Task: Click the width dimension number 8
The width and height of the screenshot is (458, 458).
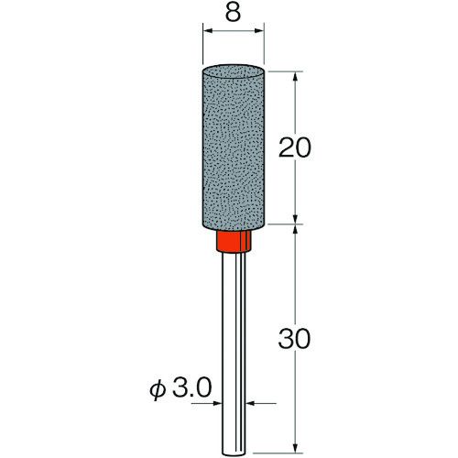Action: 233,13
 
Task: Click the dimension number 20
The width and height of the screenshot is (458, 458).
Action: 295,147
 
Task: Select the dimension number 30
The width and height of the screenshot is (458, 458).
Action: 294,339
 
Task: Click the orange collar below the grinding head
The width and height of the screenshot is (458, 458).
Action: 234,241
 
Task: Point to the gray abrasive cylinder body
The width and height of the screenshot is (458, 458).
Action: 234,147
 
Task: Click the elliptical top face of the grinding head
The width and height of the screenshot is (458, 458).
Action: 234,71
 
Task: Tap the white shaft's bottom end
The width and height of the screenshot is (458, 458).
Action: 234,454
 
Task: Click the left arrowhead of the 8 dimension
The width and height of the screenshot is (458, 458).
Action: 208,30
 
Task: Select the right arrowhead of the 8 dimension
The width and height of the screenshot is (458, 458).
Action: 258,30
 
